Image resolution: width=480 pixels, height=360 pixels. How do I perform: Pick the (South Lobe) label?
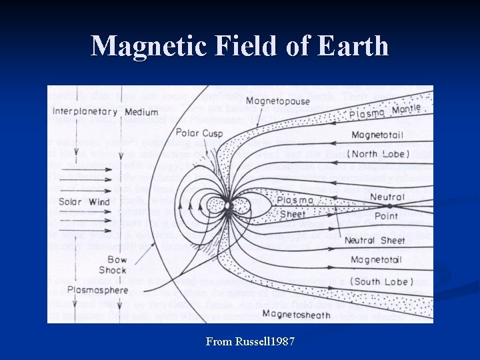pos(382,281)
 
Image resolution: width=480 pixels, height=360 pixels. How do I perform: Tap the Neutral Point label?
pos(387,205)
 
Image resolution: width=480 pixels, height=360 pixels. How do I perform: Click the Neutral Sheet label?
pos(375,240)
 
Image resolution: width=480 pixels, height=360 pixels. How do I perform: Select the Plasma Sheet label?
pos(293,207)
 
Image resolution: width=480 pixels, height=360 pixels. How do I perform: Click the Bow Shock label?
pos(113,265)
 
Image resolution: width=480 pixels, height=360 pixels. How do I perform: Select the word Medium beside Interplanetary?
pos(141,112)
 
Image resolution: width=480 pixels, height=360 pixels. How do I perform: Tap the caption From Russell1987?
pos(250,342)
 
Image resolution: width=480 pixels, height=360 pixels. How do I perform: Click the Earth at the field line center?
pos(228,206)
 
